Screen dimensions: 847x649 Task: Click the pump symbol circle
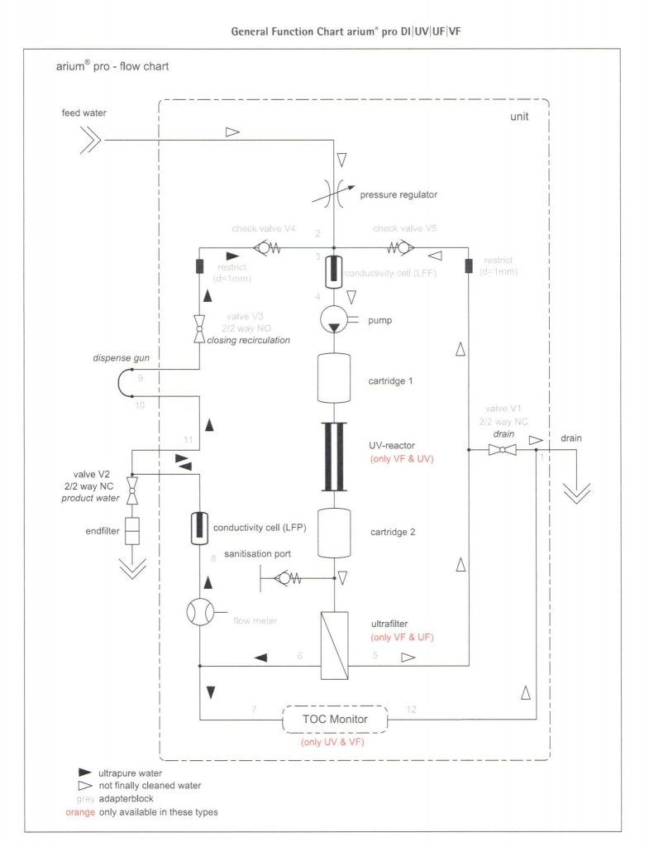[x=334, y=320]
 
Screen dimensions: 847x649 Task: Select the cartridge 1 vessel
[x=334, y=381]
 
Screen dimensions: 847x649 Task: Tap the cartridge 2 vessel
[x=334, y=532]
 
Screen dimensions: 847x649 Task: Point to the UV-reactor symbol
[x=334, y=457]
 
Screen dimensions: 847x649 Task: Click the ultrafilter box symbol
[x=334, y=637]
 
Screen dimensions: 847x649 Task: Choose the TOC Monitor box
[x=335, y=720]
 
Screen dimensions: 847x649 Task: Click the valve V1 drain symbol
[x=503, y=450]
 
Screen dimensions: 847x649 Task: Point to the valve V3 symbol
[x=199, y=327]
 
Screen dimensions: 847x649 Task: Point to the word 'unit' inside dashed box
[x=519, y=117]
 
